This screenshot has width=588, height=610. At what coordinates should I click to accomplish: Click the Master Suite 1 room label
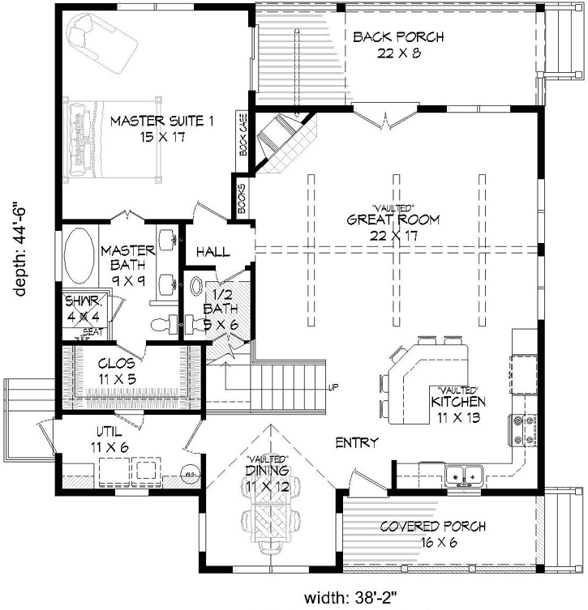161,129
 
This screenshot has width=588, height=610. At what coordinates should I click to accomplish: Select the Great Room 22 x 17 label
393,226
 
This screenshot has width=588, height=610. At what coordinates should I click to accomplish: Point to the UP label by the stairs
333,387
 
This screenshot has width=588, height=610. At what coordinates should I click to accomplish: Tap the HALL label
213,252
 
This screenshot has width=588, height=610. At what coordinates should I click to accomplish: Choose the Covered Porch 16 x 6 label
433,535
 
